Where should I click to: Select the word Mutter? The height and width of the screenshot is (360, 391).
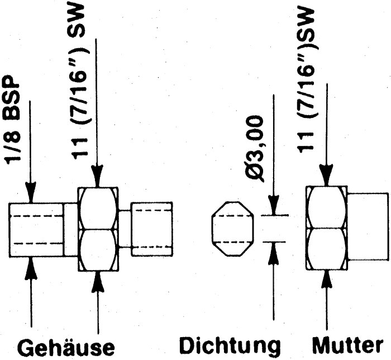coord(348,345)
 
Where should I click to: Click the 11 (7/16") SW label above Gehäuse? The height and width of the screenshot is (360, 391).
coord(79,80)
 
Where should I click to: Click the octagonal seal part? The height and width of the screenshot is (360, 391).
coord(232,229)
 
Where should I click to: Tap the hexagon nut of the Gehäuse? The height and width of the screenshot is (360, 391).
coord(98,229)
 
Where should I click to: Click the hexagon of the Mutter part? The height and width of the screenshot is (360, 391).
coord(326,228)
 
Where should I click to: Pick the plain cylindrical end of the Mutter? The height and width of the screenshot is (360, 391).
coord(368,226)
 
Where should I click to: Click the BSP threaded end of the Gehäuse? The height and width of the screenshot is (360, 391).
coord(36,230)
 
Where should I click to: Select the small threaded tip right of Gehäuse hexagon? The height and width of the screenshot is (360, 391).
coord(152,229)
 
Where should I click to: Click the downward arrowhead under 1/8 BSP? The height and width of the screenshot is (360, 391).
coord(30,192)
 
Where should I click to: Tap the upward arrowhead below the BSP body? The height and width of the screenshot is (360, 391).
coord(31,268)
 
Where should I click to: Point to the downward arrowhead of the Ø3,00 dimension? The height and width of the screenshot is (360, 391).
coord(274,205)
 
